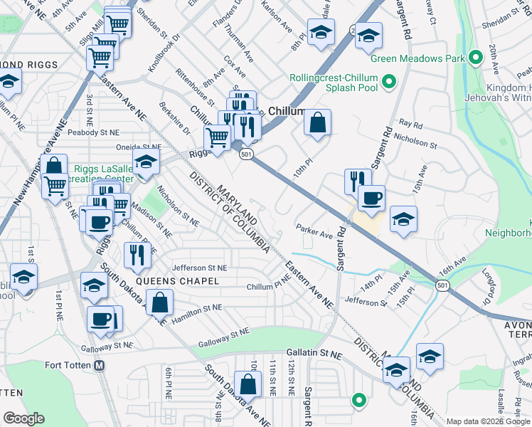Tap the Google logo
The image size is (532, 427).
coord(23,418)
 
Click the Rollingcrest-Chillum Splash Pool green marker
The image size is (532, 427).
coord(389,84)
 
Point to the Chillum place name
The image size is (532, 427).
coord(286,112)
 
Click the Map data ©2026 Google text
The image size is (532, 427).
coord(489,421)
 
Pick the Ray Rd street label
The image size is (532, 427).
coord(410,124)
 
